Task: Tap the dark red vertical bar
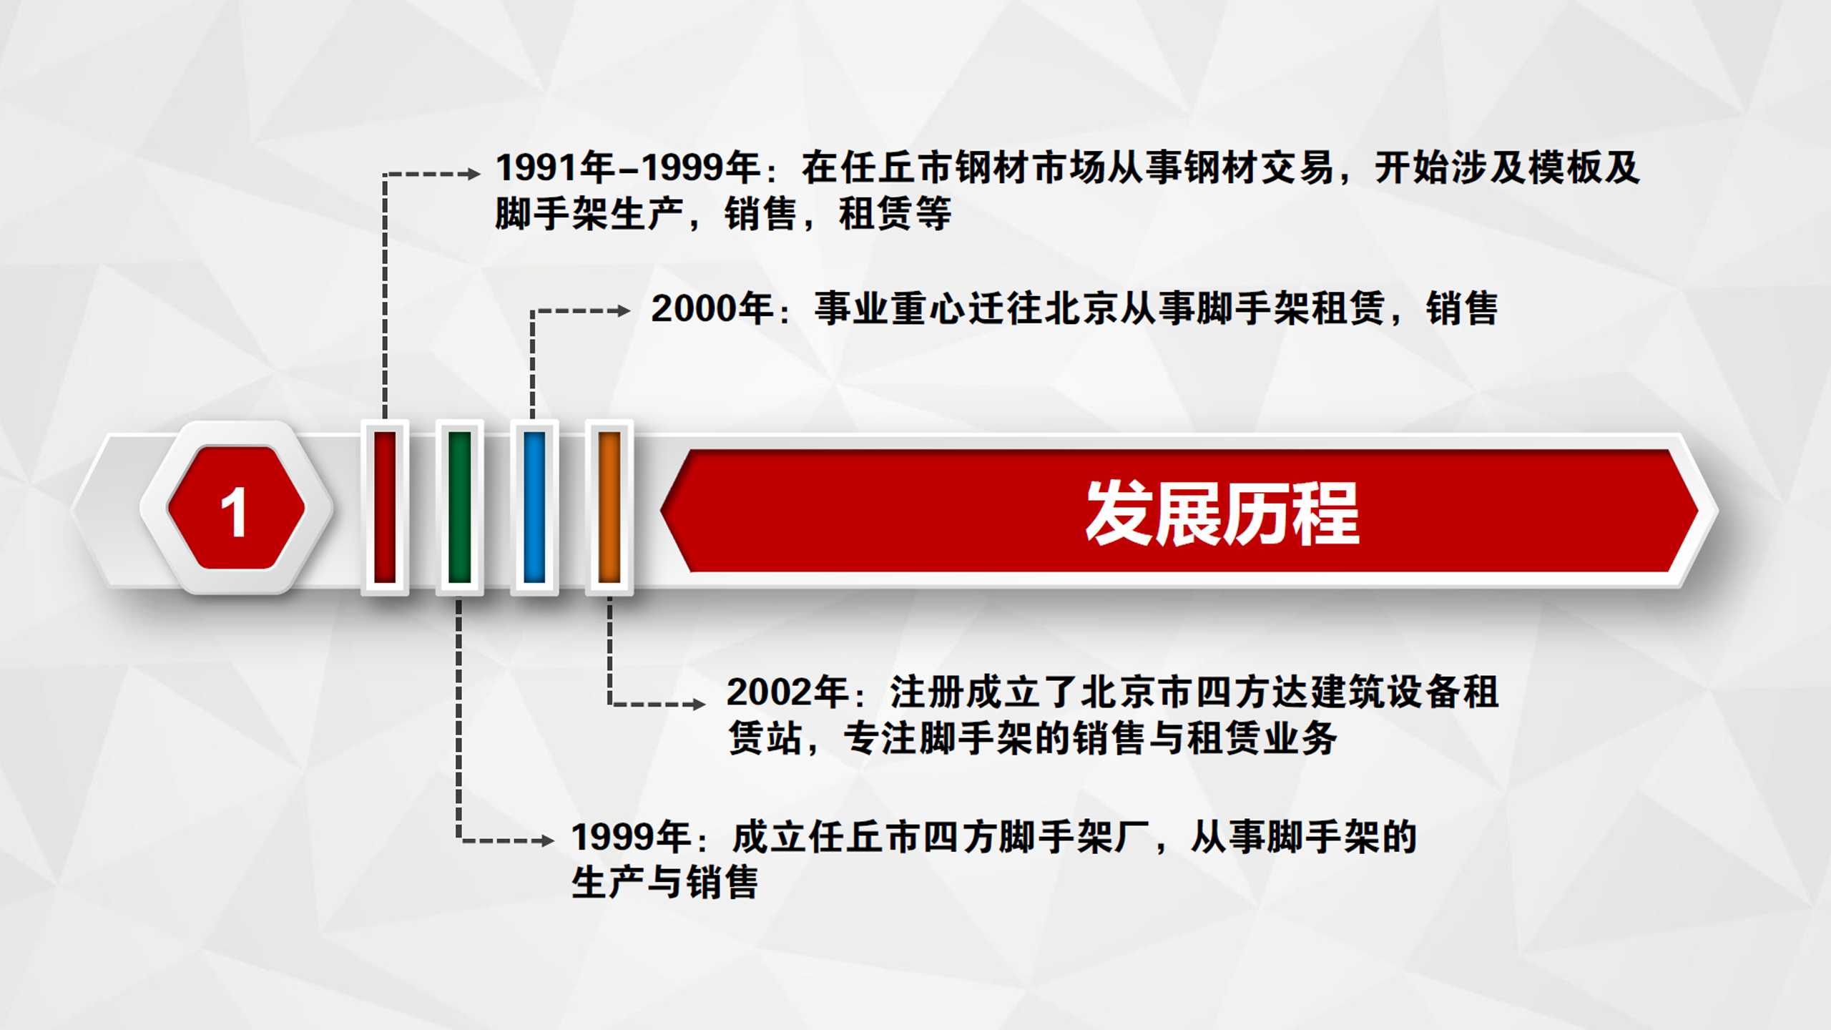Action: tap(385, 507)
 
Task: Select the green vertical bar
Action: tap(459, 507)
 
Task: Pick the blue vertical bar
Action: tap(534, 507)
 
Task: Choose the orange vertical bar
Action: tap(609, 507)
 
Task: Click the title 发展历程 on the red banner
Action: tap(1222, 513)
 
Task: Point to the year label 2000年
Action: tap(712, 309)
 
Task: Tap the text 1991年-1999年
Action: tap(628, 168)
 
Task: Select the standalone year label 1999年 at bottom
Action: tap(632, 837)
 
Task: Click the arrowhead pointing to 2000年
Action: tap(624, 311)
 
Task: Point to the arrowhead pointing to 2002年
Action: tap(699, 705)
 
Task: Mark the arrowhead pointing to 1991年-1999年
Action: tap(473, 174)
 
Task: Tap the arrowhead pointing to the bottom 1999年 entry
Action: tap(548, 840)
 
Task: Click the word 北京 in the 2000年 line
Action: tap(1082, 309)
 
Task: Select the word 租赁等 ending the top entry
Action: tap(895, 214)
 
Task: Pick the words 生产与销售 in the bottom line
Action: tap(665, 883)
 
